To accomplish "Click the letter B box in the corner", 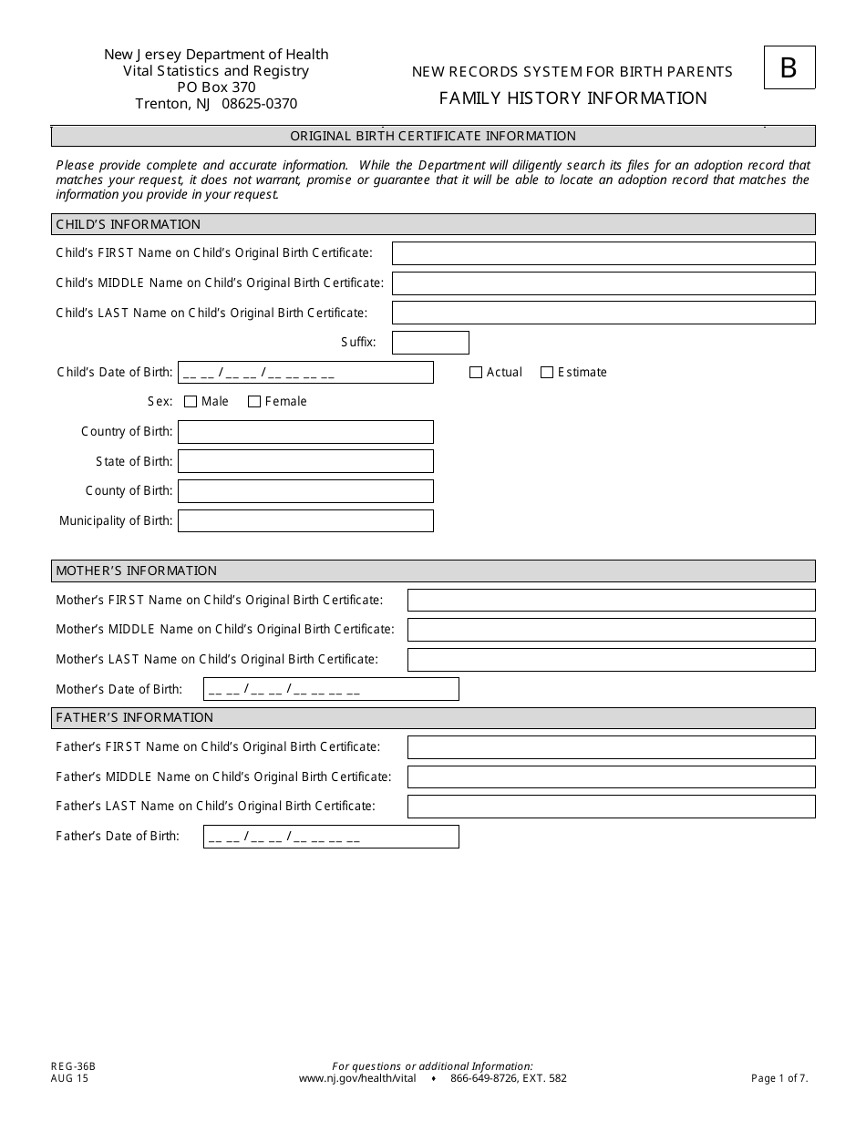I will click(789, 68).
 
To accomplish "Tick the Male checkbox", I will click(191, 402).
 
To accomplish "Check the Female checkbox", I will click(254, 402).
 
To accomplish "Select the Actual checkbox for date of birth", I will click(476, 373).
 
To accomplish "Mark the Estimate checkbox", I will click(547, 373).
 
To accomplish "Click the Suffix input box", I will click(430, 343).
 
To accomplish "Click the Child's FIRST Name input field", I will click(603, 253).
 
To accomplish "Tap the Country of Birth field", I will click(305, 432).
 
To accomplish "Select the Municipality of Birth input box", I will click(305, 521).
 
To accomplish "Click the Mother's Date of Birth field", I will click(331, 690).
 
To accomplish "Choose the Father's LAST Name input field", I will click(611, 807).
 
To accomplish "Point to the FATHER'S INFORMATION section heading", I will click(134, 718).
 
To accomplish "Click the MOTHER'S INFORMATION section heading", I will click(136, 571).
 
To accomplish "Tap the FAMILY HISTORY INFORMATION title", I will click(572, 98).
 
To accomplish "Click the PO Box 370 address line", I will click(216, 87).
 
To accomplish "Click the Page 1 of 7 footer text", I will click(779, 1079).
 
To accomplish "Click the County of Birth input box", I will click(305, 491).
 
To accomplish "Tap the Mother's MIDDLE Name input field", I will click(611, 630).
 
